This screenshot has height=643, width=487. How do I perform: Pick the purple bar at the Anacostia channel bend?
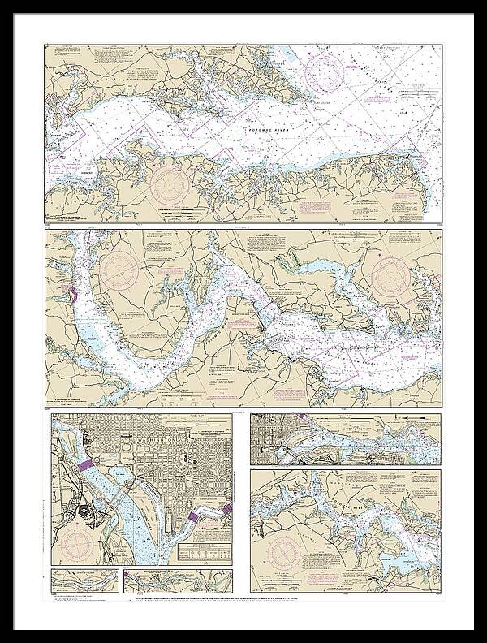tap(193, 516)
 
